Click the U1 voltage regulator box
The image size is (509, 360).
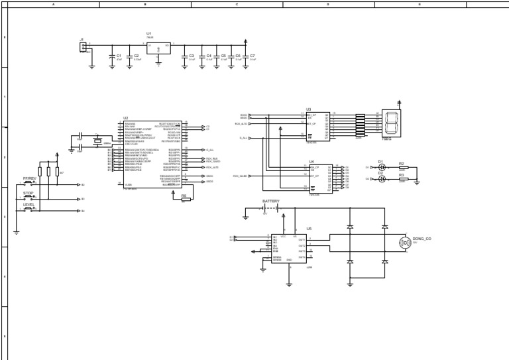click(x=158, y=48)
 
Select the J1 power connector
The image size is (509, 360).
click(x=84, y=46)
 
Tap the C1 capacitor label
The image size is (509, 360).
click(x=119, y=56)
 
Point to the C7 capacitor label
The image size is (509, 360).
click(x=253, y=56)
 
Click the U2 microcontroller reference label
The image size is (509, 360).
click(x=126, y=118)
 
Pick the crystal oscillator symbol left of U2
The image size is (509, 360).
click(x=97, y=141)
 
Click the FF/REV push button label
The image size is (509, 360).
click(x=30, y=178)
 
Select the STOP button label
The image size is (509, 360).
click(x=28, y=193)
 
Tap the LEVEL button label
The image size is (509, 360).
click(x=29, y=204)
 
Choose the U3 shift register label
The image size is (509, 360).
click(x=309, y=109)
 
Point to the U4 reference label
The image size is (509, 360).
click(x=311, y=161)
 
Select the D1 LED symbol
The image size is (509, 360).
click(x=382, y=168)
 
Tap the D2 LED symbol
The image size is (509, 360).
click(x=382, y=179)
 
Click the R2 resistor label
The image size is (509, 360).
click(x=401, y=163)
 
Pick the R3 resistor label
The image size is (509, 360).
click(x=401, y=174)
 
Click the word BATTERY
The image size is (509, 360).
click(x=271, y=201)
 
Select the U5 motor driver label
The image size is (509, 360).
click(x=309, y=228)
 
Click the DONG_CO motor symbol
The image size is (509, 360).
click(x=405, y=243)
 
